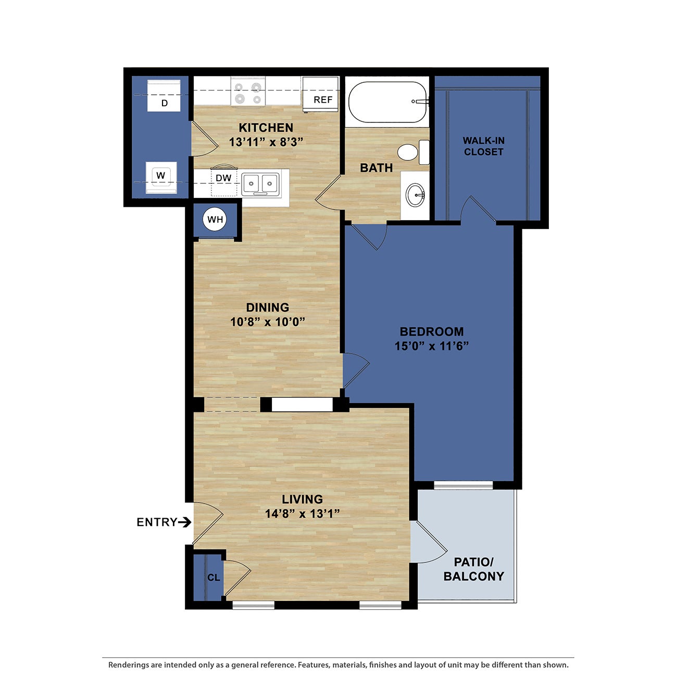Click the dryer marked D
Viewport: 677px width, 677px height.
[164, 95]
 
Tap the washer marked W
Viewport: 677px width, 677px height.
[161, 177]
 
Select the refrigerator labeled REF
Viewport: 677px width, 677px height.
[321, 94]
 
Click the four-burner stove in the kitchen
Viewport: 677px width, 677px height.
[248, 92]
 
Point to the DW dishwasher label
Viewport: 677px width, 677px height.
[223, 178]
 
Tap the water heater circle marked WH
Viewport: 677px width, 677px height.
[215, 219]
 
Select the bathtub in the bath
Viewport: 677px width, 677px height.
[387, 102]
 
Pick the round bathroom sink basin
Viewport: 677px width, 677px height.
[416, 195]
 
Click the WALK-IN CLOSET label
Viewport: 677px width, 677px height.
[483, 146]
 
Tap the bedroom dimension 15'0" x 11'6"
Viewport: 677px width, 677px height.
[432, 346]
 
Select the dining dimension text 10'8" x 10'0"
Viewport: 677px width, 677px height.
[267, 322]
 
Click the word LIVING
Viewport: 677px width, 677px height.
[302, 499]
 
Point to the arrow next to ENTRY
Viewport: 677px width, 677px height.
[185, 522]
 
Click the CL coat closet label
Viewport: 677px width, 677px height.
[214, 578]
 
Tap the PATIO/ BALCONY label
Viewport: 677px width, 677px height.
[473, 569]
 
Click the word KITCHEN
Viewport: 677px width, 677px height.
[266, 128]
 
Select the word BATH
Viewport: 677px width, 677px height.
[376, 168]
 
